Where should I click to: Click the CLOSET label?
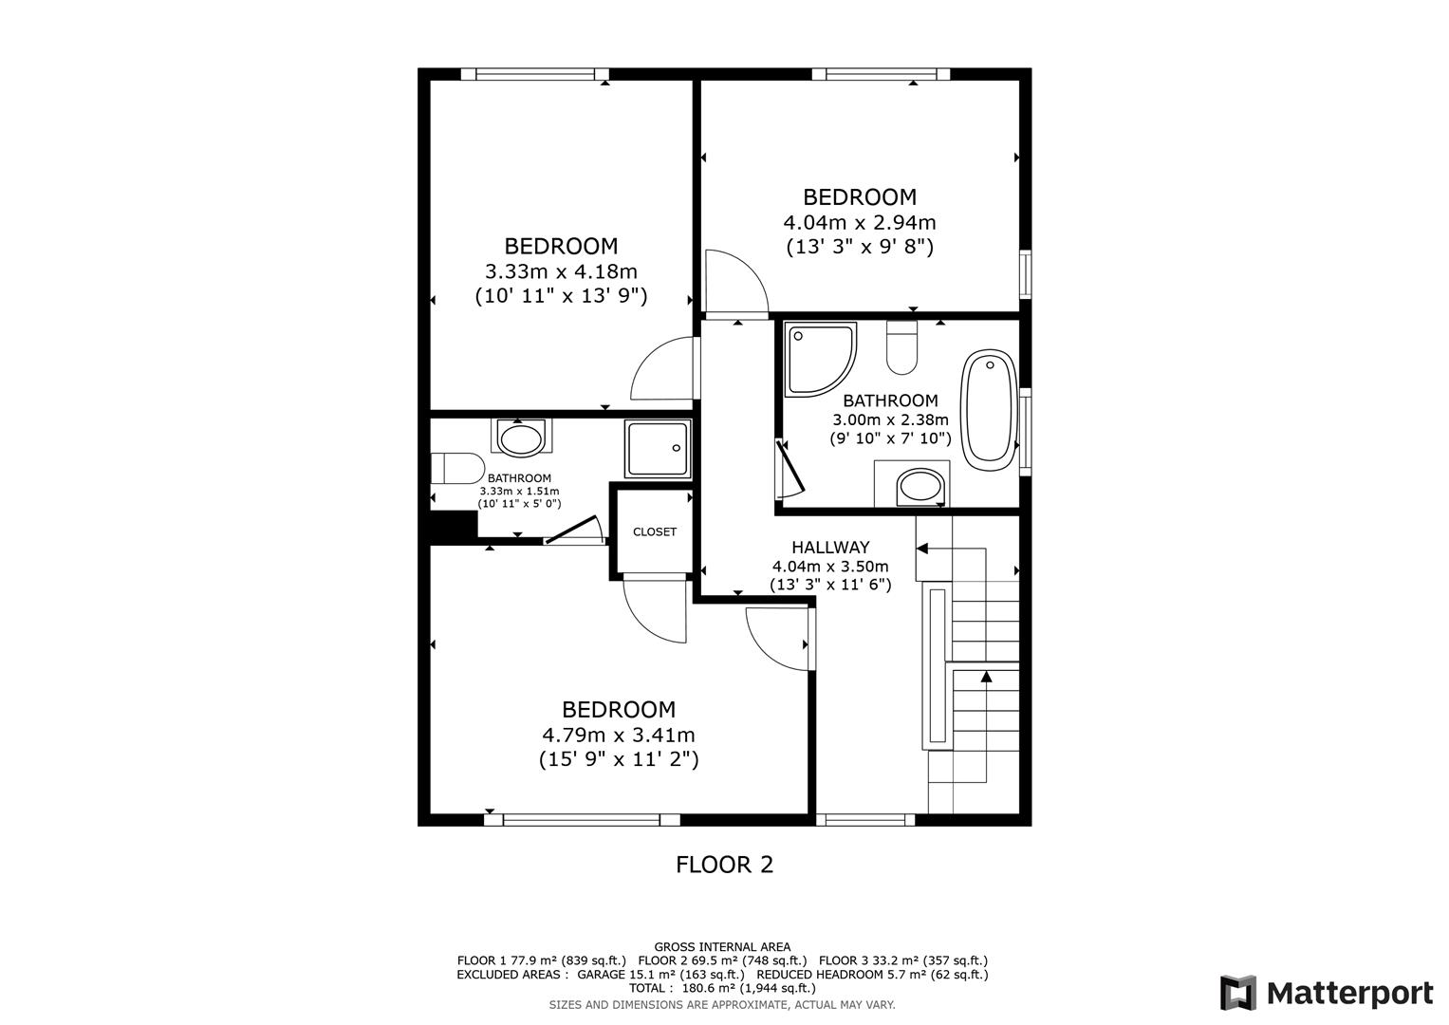[655, 532]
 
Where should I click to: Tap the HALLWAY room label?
[830, 548]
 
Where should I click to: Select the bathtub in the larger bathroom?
[989, 409]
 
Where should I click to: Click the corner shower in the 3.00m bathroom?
[818, 358]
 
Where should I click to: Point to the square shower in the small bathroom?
[657, 450]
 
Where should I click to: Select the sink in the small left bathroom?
[520, 439]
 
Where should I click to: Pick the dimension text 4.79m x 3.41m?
[618, 735]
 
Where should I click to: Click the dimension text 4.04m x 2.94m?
[859, 223]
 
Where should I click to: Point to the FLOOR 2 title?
[724, 865]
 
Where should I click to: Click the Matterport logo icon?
[1237, 993]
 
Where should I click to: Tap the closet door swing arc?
[653, 611]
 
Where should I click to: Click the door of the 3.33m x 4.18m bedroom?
[664, 369]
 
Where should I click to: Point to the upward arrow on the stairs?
[986, 677]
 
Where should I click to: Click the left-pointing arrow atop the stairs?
[921, 549]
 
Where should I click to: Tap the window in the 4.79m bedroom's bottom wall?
[582, 820]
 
